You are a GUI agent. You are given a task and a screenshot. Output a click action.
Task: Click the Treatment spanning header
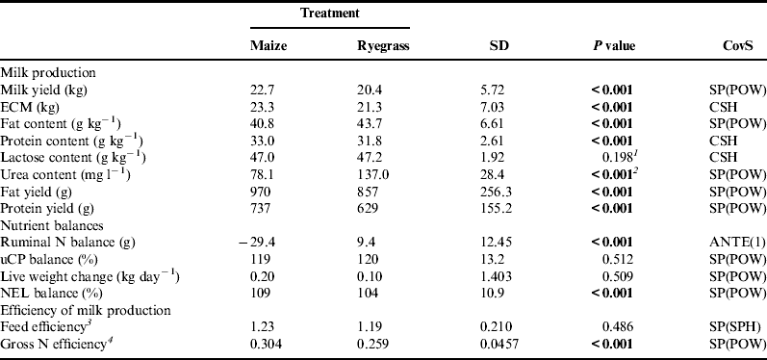point(329,14)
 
